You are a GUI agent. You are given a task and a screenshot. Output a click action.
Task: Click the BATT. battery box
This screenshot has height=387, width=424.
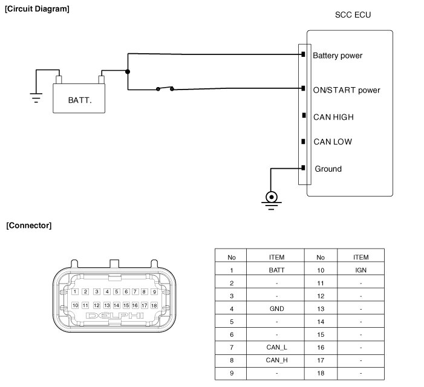tap(80, 97)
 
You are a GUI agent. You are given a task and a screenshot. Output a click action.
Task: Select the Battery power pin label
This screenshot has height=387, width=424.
tap(337, 56)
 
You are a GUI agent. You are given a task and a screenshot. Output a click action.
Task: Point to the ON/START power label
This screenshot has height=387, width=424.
tap(346, 90)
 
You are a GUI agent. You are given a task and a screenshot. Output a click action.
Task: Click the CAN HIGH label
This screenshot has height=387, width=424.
tap(333, 117)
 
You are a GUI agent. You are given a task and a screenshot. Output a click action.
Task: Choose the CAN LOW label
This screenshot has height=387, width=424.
tap(332, 142)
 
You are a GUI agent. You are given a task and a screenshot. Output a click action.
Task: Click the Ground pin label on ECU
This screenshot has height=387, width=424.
tap(328, 169)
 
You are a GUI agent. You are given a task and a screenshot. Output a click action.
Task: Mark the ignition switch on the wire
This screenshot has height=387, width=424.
tap(165, 89)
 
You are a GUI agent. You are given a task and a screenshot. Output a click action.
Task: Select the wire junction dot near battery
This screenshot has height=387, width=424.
tap(128, 71)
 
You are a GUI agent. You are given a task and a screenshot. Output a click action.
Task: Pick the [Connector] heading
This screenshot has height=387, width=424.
tap(28, 226)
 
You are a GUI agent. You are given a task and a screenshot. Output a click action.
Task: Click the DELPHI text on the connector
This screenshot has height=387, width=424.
tap(115, 316)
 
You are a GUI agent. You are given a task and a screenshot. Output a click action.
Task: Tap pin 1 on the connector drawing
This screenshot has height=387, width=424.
tap(75, 291)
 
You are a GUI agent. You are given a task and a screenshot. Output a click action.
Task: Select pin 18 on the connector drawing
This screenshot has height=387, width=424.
tap(154, 305)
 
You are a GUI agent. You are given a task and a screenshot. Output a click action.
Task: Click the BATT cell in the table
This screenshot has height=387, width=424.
tap(276, 270)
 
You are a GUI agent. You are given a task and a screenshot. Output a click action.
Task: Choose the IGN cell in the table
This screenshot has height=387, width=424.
tap(360, 270)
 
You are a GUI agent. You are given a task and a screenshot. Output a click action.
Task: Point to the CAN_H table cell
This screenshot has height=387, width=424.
tap(276, 360)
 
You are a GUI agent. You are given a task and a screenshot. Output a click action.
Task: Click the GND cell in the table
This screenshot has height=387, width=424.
tap(276, 308)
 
